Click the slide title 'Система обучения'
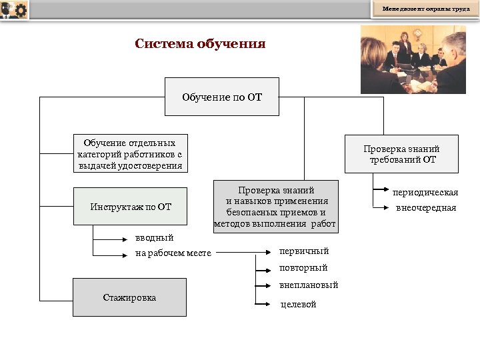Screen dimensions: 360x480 (x=200, y=44)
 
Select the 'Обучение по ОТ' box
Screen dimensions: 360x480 (x=222, y=97)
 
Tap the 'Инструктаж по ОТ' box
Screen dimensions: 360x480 (x=131, y=207)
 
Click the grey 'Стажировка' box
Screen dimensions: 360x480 (x=130, y=297)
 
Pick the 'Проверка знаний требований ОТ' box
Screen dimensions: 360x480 (x=401, y=154)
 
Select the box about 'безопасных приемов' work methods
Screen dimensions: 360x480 (x=275, y=207)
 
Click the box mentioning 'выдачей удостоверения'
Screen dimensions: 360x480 (x=130, y=154)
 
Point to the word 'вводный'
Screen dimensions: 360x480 (x=154, y=237)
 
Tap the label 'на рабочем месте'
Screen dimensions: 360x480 (x=173, y=253)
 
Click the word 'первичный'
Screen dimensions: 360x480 (x=303, y=251)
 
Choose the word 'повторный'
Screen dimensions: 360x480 (x=303, y=268)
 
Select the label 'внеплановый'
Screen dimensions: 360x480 (x=309, y=285)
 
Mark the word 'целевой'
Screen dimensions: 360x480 (x=297, y=304)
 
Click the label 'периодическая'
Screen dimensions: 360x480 (x=425, y=193)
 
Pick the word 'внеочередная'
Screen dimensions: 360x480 (x=426, y=208)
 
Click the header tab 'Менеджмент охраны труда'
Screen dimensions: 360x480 (x=425, y=9)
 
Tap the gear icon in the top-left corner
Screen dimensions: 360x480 (x=20, y=10)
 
